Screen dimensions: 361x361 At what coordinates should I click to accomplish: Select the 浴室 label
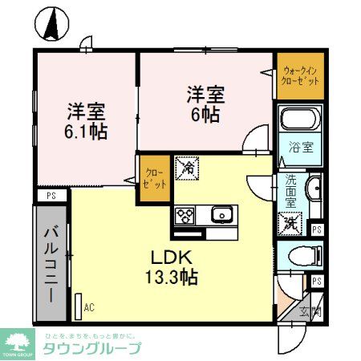tap(301, 148)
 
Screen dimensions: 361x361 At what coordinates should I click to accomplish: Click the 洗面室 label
tap(291, 192)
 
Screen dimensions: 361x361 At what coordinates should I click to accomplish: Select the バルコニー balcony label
tap(50, 265)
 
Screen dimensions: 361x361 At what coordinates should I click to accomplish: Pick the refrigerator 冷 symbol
tap(186, 168)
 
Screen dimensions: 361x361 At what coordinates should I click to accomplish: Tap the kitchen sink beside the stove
tap(220, 214)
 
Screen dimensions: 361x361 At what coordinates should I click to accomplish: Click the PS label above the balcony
tap(51, 195)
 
